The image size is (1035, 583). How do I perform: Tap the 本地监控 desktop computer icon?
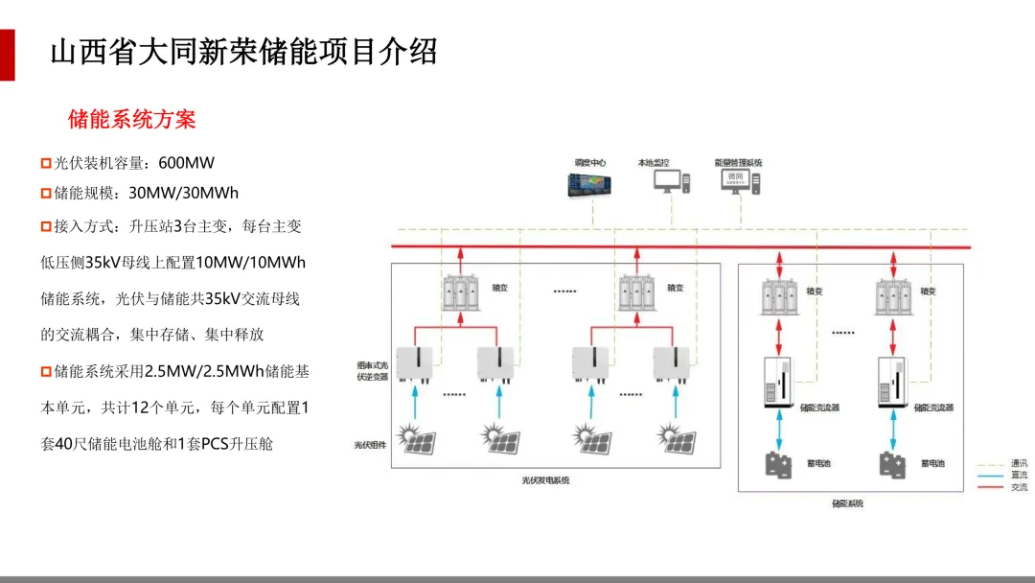click(673, 181)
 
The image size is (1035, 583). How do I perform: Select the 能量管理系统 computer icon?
click(740, 181)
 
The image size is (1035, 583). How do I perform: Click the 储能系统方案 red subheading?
click(132, 119)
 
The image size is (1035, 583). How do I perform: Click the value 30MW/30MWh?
click(183, 194)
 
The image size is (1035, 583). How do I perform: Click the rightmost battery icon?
click(893, 464)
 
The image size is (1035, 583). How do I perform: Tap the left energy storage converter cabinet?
click(779, 383)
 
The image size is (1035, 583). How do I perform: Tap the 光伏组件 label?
click(371, 445)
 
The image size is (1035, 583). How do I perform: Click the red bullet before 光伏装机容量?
click(46, 163)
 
